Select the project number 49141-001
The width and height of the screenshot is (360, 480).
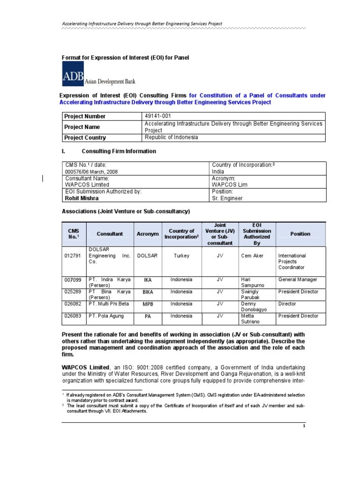(x=158, y=116)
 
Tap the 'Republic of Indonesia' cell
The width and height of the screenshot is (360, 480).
(x=171, y=137)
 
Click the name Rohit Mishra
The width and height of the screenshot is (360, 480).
(x=82, y=198)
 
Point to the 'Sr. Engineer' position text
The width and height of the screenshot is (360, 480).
(x=227, y=198)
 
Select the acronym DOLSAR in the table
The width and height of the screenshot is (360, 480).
(x=148, y=256)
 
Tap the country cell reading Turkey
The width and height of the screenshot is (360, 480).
(x=181, y=256)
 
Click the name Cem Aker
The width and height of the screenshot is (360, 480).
(x=252, y=256)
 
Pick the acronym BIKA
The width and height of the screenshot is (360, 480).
(x=148, y=292)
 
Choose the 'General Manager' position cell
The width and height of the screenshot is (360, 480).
(x=298, y=280)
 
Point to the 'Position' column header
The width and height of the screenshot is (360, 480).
(x=300, y=233)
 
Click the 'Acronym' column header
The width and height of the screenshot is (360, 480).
(x=148, y=234)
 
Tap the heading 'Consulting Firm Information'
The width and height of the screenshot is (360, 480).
(x=119, y=151)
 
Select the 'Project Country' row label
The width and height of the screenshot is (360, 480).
(x=85, y=138)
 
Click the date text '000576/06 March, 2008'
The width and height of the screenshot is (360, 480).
(x=91, y=172)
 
